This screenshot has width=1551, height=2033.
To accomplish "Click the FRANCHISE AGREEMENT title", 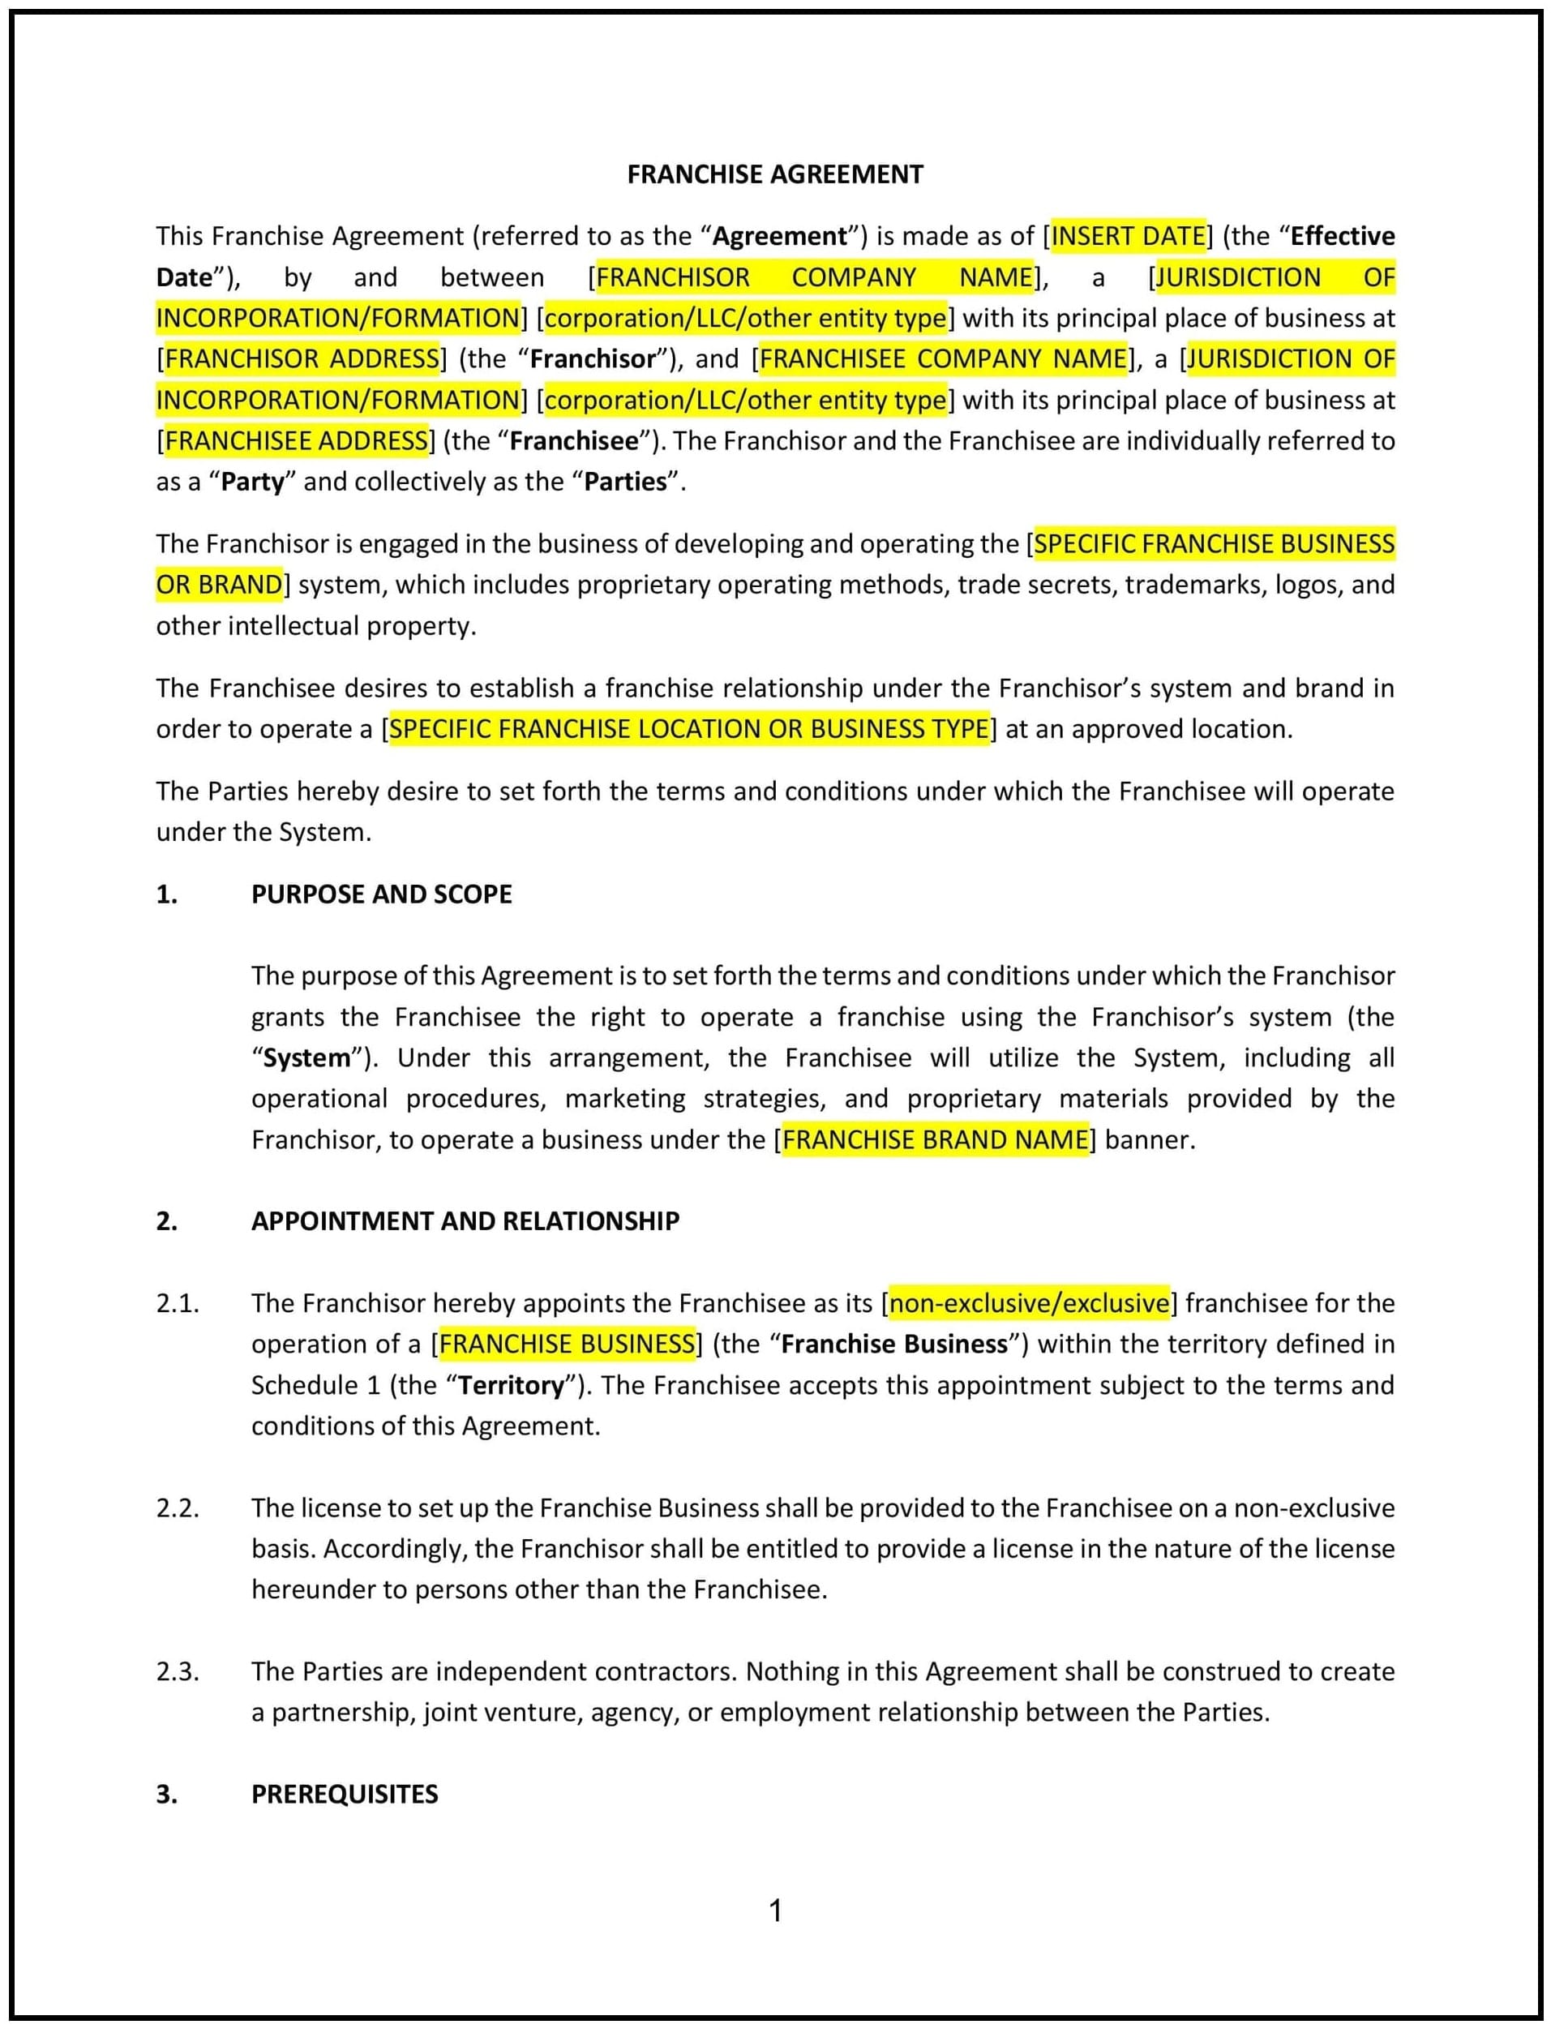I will click(x=774, y=174).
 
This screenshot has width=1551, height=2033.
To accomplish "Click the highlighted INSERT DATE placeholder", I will click(x=1128, y=236).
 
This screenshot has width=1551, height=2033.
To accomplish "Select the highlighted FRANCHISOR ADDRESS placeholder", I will click(x=302, y=359).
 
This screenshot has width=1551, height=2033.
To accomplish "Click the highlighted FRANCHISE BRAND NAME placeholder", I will click(x=935, y=1140).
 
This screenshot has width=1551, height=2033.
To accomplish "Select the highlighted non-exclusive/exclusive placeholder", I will click(x=1029, y=1304).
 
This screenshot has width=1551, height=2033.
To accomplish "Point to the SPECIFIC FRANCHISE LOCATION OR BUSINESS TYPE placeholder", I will click(x=688, y=729).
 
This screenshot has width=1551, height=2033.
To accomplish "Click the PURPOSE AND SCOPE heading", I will click(x=381, y=894).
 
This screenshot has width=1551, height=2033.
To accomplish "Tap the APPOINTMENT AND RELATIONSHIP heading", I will click(x=465, y=1221).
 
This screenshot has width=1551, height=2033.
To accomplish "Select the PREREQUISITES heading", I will click(x=345, y=1794).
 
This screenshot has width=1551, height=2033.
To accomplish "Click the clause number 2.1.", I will click(x=178, y=1304).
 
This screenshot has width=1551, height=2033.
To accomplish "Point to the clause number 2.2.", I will click(x=178, y=1508).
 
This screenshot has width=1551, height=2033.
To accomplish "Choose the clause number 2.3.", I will click(x=178, y=1672).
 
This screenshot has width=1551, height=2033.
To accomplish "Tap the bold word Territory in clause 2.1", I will click(x=511, y=1386).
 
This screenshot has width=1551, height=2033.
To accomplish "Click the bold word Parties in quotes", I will click(x=625, y=482).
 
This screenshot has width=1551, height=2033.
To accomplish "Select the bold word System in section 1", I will click(x=306, y=1058).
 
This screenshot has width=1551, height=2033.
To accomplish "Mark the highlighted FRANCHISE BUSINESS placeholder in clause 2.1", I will click(x=567, y=1345).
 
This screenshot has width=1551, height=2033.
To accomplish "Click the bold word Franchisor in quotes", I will click(x=592, y=359).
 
